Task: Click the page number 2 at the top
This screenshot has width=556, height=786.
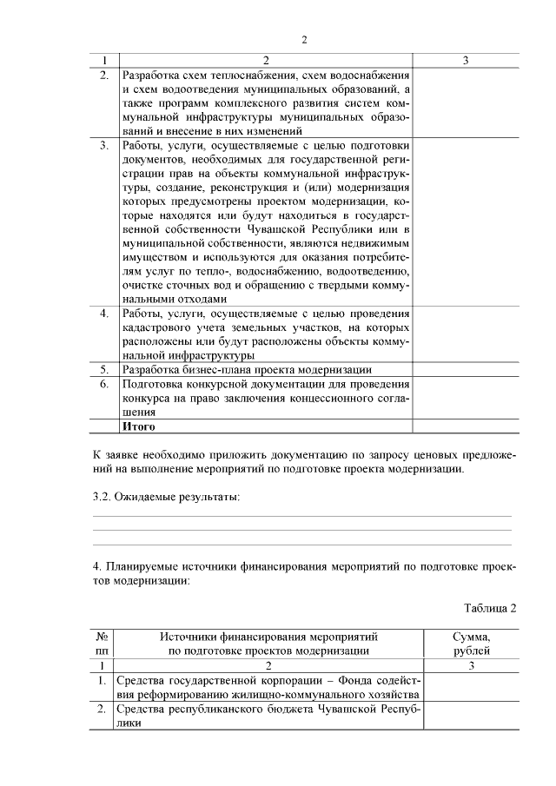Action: pos(304,39)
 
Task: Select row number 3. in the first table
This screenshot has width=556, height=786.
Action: pos(104,145)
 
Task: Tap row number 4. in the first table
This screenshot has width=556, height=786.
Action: pos(104,313)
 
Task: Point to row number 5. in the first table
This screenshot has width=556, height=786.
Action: pos(104,369)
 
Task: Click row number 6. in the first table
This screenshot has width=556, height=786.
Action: pos(104,384)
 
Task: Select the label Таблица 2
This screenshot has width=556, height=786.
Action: pos(489,607)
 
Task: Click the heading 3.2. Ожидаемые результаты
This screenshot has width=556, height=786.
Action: pos(165,496)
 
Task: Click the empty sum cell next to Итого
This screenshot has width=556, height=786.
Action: pos(466,426)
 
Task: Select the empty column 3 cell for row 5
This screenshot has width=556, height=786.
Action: pos(466,369)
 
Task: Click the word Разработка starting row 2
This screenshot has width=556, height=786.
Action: pos(153,75)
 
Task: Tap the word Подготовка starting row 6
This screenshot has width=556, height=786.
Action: pos(153,384)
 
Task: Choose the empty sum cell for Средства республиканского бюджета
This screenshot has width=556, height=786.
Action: pos(471,716)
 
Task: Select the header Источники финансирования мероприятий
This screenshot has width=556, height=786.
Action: pos(269,636)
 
